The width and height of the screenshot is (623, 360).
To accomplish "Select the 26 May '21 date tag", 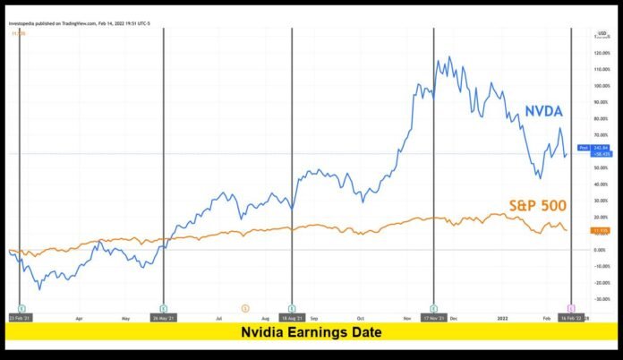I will (x=162, y=317).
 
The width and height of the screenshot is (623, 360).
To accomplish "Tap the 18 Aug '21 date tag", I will (x=291, y=317).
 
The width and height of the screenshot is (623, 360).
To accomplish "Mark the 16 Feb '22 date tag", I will (x=571, y=317).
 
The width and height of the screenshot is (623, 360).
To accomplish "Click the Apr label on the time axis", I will (x=81, y=317).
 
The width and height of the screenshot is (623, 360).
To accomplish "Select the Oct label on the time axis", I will (x=360, y=317).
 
